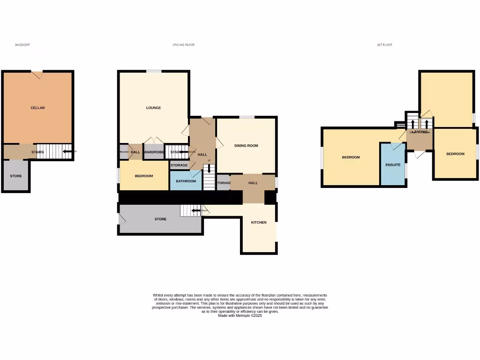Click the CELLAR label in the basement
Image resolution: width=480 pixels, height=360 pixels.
[x=37, y=108]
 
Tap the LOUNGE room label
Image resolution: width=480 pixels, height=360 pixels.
[x=153, y=108]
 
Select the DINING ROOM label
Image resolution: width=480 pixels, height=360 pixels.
[x=246, y=146]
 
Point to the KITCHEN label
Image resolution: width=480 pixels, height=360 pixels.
[x=259, y=222]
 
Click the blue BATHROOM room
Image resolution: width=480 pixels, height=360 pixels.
[x=186, y=181]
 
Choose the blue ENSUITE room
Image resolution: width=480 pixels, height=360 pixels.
[x=393, y=165]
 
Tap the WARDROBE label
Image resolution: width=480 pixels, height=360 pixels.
[x=153, y=152]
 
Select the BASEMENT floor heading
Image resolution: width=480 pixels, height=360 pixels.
[x=22, y=45]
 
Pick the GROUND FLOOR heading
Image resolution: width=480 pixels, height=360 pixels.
[x=183, y=45]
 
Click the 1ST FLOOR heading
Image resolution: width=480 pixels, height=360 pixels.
[x=384, y=45]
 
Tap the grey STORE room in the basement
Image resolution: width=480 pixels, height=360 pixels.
[x=16, y=176]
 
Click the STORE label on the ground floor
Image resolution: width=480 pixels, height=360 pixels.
[x=161, y=219]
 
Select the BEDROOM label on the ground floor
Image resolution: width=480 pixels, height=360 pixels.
[x=144, y=176]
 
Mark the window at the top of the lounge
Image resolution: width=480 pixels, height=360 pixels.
[x=154, y=71]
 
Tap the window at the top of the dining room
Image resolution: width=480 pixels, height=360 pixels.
[x=247, y=117]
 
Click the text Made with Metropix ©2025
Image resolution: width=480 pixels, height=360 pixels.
[x=240, y=316]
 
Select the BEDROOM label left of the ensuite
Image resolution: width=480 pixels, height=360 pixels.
[x=351, y=157]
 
